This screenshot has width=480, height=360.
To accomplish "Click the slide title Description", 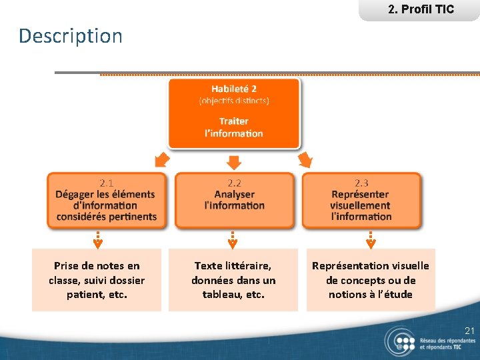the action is pos(71,36).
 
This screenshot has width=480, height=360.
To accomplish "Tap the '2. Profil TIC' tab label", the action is pos(420,9).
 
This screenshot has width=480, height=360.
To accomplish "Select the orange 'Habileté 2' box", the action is pos(233,112).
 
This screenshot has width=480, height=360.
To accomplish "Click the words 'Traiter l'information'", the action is pos(233,127).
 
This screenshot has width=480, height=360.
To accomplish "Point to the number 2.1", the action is pos(106,183).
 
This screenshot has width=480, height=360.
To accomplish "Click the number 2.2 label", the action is pos(234,183).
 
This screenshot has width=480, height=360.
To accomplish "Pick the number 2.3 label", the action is pos(361,183).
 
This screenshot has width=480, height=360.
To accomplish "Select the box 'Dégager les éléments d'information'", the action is pos(106,201).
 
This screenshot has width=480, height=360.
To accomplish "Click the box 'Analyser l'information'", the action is pos(234,201).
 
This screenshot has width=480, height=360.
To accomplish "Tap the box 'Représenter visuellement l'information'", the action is pos(361,201).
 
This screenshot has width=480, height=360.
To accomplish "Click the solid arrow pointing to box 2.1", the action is pos(161,159).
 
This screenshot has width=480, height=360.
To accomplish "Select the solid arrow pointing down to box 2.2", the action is pos(233,162).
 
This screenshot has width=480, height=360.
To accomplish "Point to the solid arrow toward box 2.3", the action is pos(305,159).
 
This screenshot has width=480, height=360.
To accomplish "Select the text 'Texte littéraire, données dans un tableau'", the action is pos(233,280).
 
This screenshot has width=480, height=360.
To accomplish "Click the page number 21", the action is pos(469,331).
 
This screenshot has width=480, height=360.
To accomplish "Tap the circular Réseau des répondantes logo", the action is pos(400,341).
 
